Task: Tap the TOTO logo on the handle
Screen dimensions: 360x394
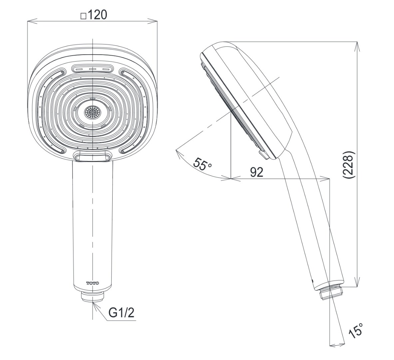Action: [x=93, y=283]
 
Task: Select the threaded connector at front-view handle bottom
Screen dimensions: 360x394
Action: [x=93, y=296]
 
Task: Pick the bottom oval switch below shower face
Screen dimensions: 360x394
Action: [x=93, y=156]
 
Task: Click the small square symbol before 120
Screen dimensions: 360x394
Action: [x=83, y=16]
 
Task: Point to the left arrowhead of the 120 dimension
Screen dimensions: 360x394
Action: [x=30, y=22]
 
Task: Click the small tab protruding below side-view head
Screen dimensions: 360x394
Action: [x=263, y=154]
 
